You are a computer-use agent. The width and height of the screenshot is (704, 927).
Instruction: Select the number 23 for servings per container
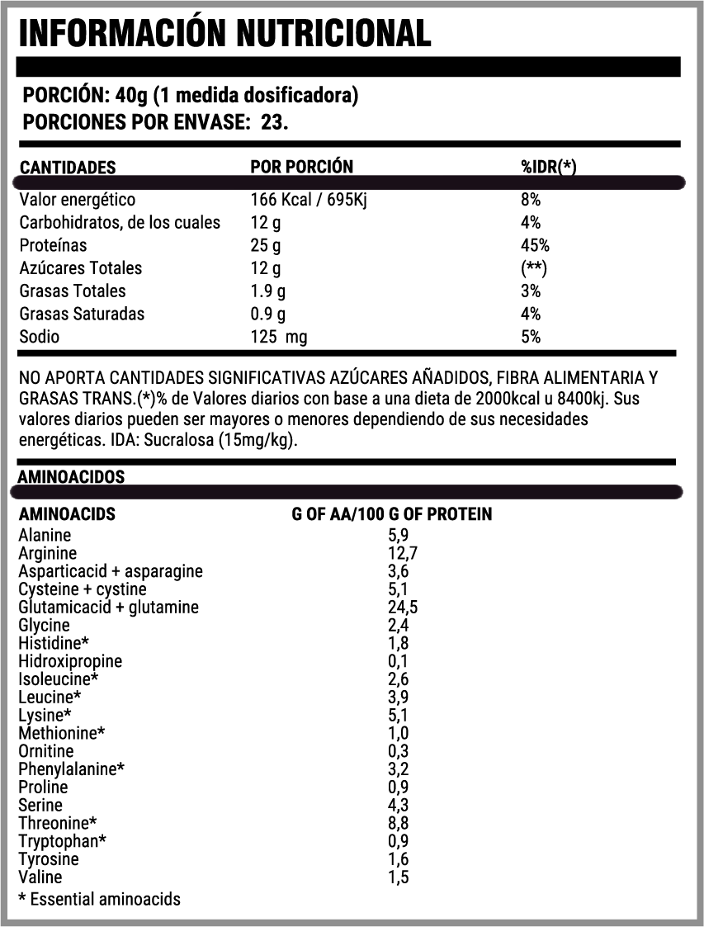[272, 122]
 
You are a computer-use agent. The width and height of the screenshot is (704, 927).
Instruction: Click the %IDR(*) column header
[548, 167]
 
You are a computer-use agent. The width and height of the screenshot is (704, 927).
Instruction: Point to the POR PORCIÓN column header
[301, 167]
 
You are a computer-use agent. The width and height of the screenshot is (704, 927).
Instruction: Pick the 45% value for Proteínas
[535, 245]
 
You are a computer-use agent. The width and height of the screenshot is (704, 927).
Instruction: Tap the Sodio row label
[40, 337]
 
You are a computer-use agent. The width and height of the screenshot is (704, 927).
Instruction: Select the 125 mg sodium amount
[279, 337]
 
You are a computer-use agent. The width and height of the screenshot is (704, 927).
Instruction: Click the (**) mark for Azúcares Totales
[535, 268]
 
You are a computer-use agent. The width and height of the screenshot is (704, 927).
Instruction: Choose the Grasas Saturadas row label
[82, 314]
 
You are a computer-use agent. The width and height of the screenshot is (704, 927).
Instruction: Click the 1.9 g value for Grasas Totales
[268, 291]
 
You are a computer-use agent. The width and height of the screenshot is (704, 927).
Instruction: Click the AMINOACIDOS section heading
[71, 477]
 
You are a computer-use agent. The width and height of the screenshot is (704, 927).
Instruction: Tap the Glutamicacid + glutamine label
[108, 608]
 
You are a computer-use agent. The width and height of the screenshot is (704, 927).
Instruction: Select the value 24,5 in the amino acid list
[403, 608]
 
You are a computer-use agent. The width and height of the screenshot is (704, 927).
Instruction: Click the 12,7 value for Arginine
[403, 553]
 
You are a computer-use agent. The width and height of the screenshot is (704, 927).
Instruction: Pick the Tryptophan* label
[63, 840]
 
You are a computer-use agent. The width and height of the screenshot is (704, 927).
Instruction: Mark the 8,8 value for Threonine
[399, 822]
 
